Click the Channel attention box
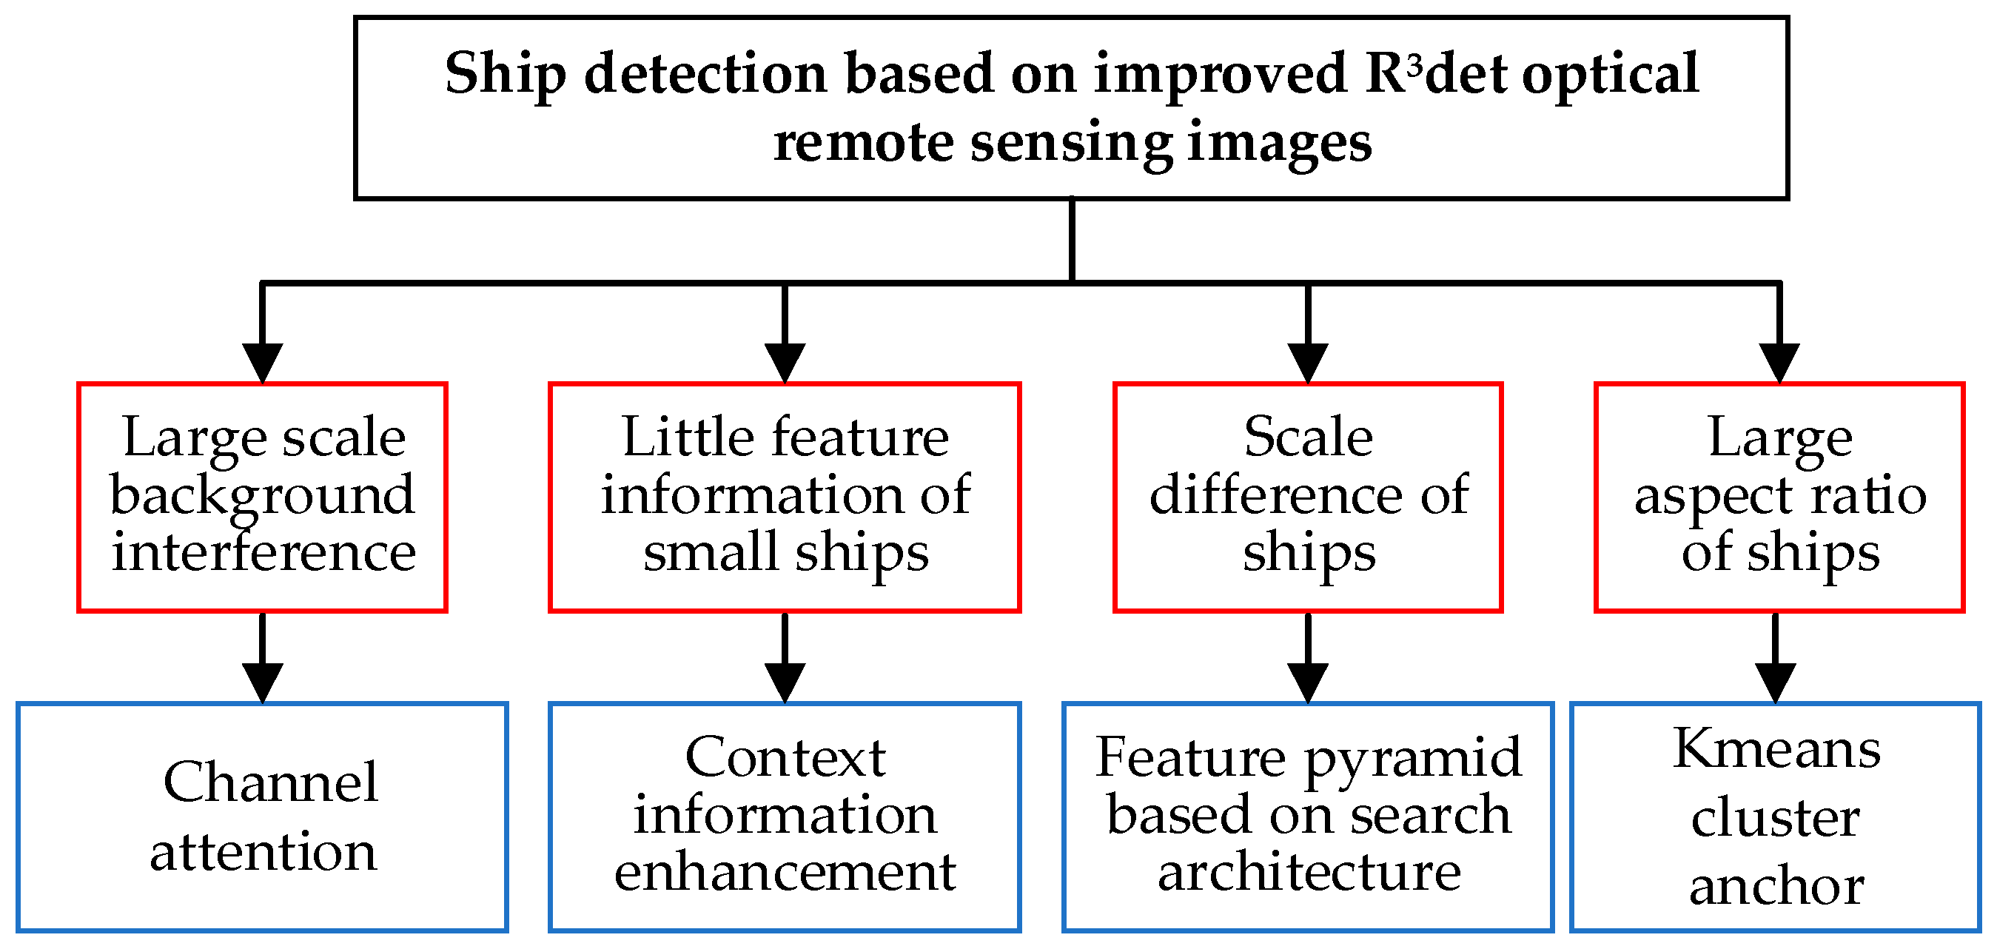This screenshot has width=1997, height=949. pyautogui.click(x=262, y=816)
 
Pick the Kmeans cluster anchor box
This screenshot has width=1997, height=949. pyautogui.click(x=1775, y=816)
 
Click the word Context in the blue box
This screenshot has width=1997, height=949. pyautogui.click(x=785, y=757)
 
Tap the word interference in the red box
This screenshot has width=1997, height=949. pyautogui.click(x=264, y=552)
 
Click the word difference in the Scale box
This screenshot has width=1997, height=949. pyautogui.click(x=1275, y=494)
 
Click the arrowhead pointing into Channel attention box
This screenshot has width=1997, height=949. pyautogui.click(x=262, y=683)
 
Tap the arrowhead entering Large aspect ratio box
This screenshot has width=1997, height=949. pyautogui.click(x=1779, y=362)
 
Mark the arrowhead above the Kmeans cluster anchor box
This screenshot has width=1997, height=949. pyautogui.click(x=1775, y=683)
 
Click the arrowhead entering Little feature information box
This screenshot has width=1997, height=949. pyautogui.click(x=785, y=362)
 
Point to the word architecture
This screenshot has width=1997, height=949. pyautogui.click(x=1309, y=872)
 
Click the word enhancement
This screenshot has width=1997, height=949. pyautogui.click(x=785, y=872)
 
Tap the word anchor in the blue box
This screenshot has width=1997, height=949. pyautogui.click(x=1775, y=886)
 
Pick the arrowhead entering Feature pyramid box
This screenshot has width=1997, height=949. pyautogui.click(x=1308, y=683)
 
